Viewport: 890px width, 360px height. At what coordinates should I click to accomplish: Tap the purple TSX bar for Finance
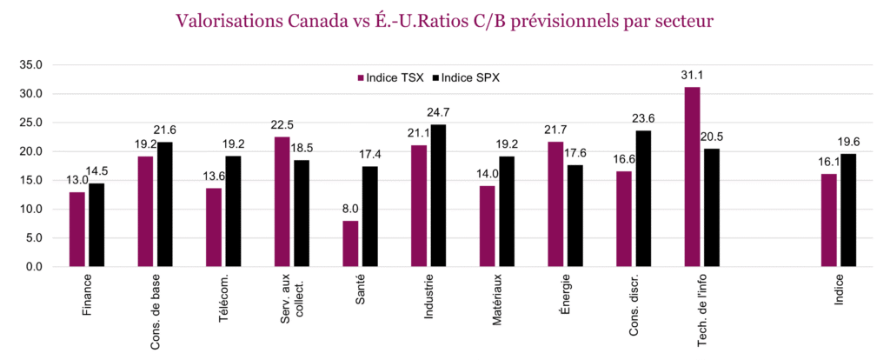click(x=77, y=230)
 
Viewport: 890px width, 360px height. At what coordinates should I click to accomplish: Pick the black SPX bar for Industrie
click(x=438, y=196)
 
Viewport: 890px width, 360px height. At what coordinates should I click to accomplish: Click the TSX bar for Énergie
click(x=555, y=204)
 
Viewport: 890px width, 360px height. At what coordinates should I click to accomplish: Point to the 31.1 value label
click(x=692, y=76)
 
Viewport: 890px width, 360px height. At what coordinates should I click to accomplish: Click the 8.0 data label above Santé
click(x=350, y=210)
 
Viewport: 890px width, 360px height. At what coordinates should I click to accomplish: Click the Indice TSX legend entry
click(x=390, y=78)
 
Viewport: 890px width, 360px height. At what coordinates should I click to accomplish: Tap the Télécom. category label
click(x=223, y=300)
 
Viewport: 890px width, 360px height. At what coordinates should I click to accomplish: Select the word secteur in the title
click(x=682, y=20)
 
